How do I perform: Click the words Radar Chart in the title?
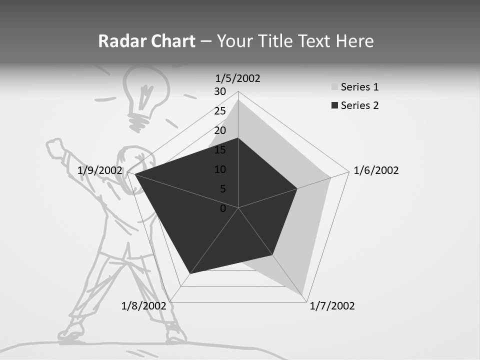(146, 41)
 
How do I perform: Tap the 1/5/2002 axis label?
(238, 78)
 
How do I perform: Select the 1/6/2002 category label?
(376, 170)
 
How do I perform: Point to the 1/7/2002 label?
(332, 306)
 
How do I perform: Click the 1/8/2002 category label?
(144, 306)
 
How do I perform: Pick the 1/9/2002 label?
(100, 170)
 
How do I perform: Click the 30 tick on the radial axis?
(220, 91)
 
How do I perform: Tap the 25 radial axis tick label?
(220, 111)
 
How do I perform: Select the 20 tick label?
(220, 130)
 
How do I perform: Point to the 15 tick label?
(220, 150)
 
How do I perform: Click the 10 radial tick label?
(220, 169)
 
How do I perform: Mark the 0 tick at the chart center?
(223, 208)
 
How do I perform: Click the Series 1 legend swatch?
(334, 87)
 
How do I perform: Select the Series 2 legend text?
(359, 105)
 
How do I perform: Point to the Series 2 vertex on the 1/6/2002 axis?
(297, 188)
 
